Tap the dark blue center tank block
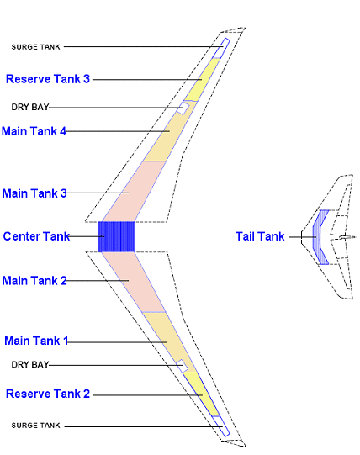click(x=116, y=236)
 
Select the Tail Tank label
click(x=260, y=237)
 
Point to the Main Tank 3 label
click(x=34, y=193)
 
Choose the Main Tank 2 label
click(x=34, y=280)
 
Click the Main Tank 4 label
click(x=34, y=131)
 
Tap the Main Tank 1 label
click(x=37, y=341)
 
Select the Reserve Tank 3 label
click(x=48, y=79)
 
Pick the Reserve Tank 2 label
click(x=48, y=394)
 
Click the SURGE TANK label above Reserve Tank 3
click(x=36, y=47)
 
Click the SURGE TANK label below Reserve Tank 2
click(x=36, y=426)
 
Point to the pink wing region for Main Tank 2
click(x=135, y=280)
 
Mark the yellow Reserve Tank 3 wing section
click(x=199, y=84)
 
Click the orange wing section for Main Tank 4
click(x=168, y=133)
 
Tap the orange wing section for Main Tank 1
click(x=165, y=336)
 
